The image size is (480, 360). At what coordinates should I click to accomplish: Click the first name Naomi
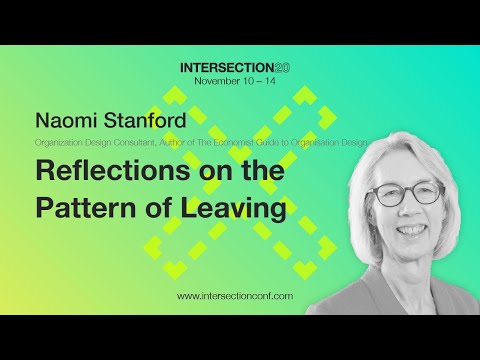pyautogui.click(x=64, y=123)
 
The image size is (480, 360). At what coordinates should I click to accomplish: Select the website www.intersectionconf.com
pyautogui.click(x=235, y=297)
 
